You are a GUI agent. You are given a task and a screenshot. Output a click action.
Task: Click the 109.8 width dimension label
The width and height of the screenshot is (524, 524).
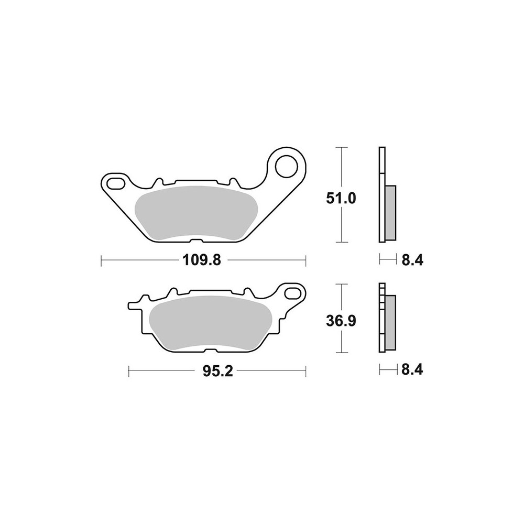coord(202,260)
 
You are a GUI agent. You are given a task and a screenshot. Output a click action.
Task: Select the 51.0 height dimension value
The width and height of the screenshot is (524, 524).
coord(341,199)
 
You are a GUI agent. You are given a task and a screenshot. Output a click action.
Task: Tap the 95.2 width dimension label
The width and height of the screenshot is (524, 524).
coord(217,371)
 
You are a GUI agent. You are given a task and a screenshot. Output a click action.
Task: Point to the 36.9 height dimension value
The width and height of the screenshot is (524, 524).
coord(341,321)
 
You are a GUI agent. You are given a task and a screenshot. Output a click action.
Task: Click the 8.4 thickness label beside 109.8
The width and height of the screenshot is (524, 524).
coord(412,260)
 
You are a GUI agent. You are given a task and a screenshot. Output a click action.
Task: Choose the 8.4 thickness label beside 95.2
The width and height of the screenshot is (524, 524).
coord(412,369)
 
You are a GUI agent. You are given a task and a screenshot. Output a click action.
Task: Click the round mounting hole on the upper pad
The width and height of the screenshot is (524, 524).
coord(287,166)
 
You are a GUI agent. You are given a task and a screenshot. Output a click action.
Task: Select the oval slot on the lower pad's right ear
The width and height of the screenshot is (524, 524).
coord(293,293)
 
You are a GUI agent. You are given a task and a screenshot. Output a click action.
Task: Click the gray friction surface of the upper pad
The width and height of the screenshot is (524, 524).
coord(196,213)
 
